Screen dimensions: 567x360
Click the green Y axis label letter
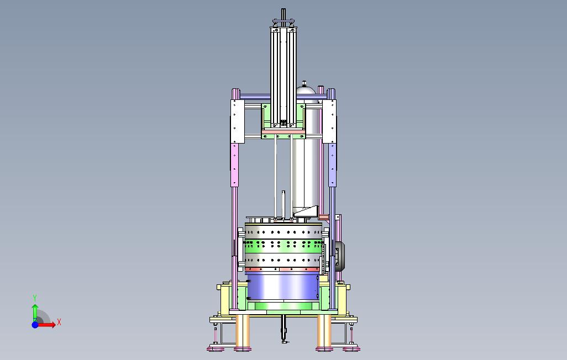[35, 298]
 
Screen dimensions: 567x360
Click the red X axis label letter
[59, 322]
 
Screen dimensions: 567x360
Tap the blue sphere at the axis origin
[35, 325]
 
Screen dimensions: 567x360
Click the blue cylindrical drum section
[282, 286]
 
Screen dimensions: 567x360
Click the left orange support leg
[242, 331]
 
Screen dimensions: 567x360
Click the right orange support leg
[324, 331]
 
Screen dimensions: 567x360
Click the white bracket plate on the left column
[238, 121]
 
